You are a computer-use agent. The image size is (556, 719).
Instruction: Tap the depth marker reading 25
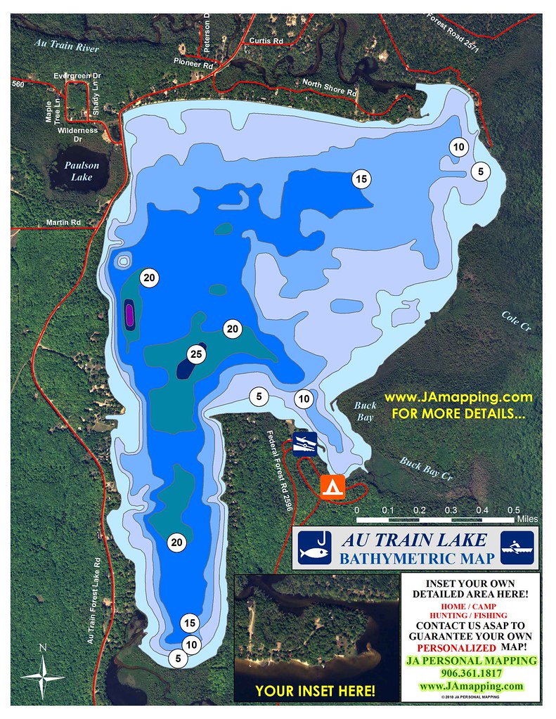tap(197, 356)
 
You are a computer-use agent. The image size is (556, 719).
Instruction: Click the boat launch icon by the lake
tap(305, 443)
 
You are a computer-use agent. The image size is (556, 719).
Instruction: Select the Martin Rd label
tap(64, 223)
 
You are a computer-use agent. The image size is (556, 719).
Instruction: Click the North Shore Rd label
tap(330, 87)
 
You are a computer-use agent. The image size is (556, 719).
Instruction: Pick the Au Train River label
tap(67, 46)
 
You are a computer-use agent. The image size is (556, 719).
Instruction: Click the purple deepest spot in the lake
tap(129, 311)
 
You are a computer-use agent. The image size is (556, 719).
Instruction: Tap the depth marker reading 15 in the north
tap(361, 179)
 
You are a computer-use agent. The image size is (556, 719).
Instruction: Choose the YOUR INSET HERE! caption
tap(315, 691)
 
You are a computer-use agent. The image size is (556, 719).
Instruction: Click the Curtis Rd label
tap(266, 41)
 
